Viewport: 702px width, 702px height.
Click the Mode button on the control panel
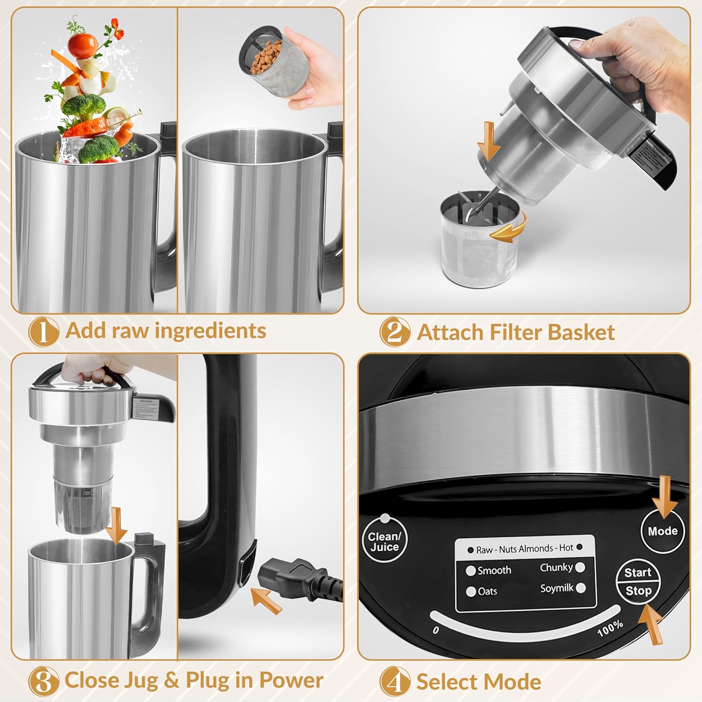click(x=663, y=531)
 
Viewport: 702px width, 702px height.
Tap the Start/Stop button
click(x=638, y=582)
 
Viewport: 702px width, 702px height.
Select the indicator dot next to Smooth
click(x=471, y=571)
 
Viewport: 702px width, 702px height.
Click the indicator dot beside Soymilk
click(x=581, y=588)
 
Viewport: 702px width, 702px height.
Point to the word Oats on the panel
click(x=487, y=592)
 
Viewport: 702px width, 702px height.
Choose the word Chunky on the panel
click(x=556, y=568)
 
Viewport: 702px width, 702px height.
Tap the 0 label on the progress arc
click(x=436, y=630)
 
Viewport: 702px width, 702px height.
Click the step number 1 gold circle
click(x=44, y=332)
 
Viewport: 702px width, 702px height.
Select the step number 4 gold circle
click(x=395, y=682)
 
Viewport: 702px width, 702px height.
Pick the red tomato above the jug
click(x=82, y=44)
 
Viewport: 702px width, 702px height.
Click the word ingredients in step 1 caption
click(x=211, y=330)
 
